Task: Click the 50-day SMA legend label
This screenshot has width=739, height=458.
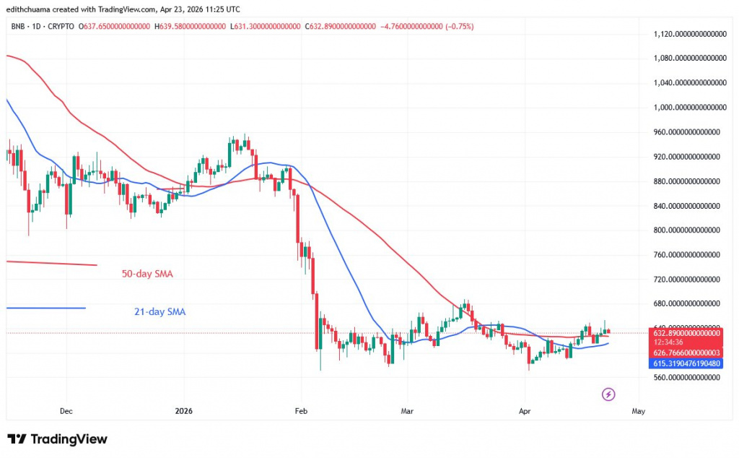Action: coord(147,274)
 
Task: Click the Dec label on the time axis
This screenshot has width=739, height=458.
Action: coord(66,411)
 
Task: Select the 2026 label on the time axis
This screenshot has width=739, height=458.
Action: coord(185,411)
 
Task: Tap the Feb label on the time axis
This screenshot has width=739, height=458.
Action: coord(301,411)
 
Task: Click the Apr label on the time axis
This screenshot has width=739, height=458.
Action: coord(525,411)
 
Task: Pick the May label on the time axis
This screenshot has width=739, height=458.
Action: coord(638,411)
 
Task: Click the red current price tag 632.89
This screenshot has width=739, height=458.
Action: coord(688,333)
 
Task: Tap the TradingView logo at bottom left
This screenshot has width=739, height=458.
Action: coord(57,439)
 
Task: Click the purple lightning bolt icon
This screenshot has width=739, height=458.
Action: coord(608,394)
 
